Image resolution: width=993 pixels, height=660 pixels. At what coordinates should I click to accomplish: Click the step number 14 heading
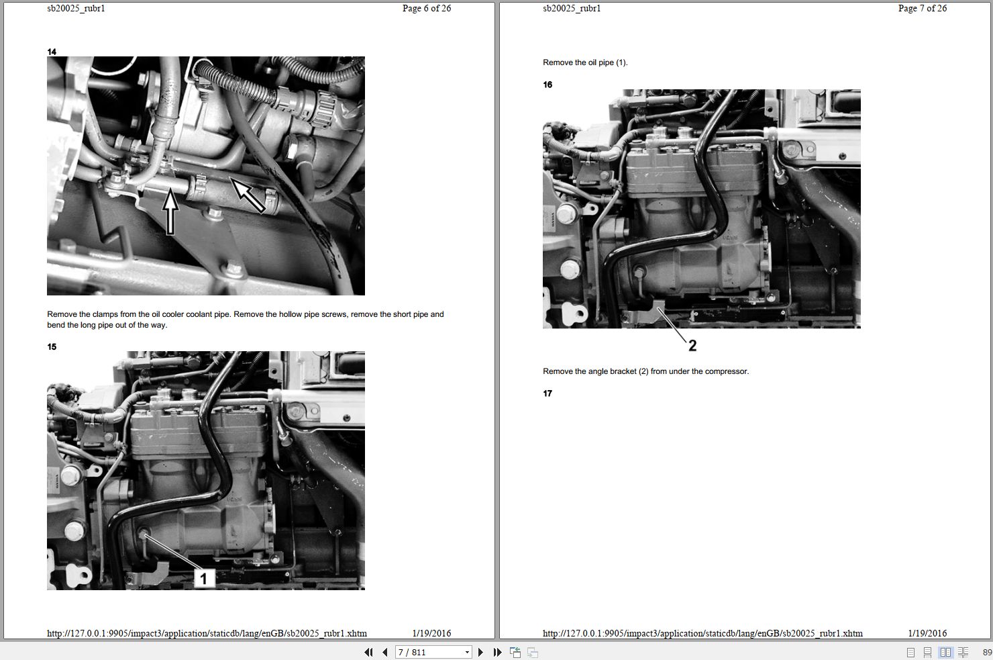click(x=52, y=52)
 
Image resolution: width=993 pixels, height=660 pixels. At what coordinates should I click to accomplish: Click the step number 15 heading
click(x=52, y=347)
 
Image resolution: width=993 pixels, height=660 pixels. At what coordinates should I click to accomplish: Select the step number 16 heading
click(x=547, y=85)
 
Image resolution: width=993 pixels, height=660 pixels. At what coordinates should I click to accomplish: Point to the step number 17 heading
click(x=547, y=393)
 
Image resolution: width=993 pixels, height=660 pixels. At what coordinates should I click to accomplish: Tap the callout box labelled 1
click(x=204, y=577)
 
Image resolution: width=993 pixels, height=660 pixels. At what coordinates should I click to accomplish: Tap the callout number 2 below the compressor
click(x=692, y=346)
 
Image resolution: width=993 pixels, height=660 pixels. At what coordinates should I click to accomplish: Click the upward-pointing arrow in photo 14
click(x=171, y=211)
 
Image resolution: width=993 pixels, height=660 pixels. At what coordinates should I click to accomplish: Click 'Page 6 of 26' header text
click(x=427, y=9)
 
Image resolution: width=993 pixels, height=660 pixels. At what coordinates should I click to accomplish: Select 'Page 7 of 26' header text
click(x=923, y=9)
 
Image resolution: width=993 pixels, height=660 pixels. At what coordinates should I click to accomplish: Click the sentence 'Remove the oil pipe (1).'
click(x=585, y=63)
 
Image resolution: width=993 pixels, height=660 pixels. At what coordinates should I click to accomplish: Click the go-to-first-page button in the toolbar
click(x=368, y=652)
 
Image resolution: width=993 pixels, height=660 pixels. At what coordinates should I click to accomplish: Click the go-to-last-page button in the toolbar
click(x=497, y=652)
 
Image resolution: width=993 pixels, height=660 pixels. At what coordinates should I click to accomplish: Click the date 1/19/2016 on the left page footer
click(x=431, y=633)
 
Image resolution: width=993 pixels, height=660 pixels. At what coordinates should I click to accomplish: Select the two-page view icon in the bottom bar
click(x=946, y=652)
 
